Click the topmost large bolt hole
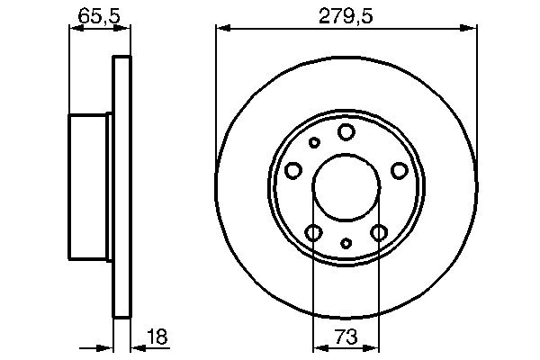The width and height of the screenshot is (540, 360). (346, 132)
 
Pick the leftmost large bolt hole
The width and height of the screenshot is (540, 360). (293, 170)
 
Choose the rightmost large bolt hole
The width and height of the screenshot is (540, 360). (399, 170)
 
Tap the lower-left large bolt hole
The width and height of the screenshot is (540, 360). (313, 233)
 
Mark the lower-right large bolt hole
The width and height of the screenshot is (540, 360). (379, 233)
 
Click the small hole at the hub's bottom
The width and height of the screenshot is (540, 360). (346, 243)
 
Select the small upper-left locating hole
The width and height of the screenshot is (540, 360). (314, 142)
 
